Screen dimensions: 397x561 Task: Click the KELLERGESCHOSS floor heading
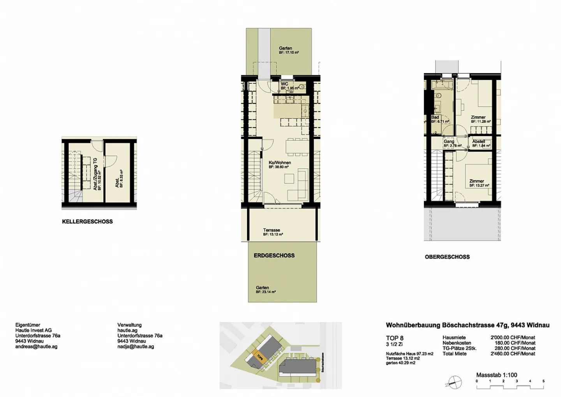[x=87, y=222]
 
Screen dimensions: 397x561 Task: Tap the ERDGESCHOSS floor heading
[x=274, y=256]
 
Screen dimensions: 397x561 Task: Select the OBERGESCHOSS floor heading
[x=447, y=257]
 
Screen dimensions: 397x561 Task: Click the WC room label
[x=284, y=84]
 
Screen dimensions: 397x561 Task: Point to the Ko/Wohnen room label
[x=280, y=163]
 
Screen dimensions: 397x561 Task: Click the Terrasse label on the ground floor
[x=272, y=230]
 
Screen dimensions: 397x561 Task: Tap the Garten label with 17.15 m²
[x=285, y=48]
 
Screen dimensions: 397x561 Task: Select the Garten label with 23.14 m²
[x=263, y=288]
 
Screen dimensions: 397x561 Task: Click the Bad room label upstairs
[x=435, y=117]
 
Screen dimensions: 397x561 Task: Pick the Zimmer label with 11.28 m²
[x=478, y=117]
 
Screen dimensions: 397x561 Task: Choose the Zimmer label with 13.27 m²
[x=477, y=181]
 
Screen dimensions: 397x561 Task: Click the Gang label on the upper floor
[x=449, y=142]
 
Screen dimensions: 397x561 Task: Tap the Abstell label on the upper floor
[x=479, y=142]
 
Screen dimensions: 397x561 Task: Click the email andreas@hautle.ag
[x=36, y=347]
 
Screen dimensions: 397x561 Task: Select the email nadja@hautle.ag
[x=136, y=347]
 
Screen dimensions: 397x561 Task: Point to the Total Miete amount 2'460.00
[x=513, y=354]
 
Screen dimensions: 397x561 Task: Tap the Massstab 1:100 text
[x=497, y=375]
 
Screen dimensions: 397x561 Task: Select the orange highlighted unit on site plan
[x=258, y=356]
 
